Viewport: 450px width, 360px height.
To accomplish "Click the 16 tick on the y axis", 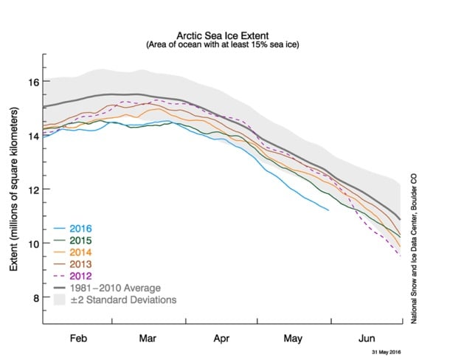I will click(x=33, y=81).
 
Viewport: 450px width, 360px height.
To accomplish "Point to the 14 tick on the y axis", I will click(x=33, y=135).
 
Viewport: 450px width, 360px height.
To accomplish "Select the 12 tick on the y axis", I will click(x=33, y=190).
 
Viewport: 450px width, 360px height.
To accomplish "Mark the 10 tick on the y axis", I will click(x=33, y=243).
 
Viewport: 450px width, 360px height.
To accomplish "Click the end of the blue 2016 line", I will click(x=328, y=210).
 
